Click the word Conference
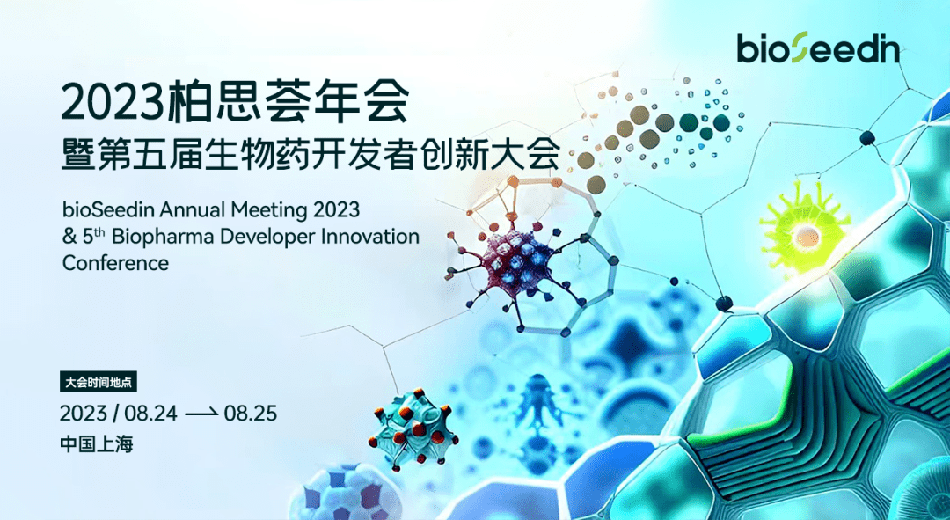[x=115, y=263]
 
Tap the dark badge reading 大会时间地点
[x=100, y=383]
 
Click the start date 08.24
[x=151, y=413]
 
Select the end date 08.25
[x=251, y=413]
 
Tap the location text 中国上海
[x=96, y=443]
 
